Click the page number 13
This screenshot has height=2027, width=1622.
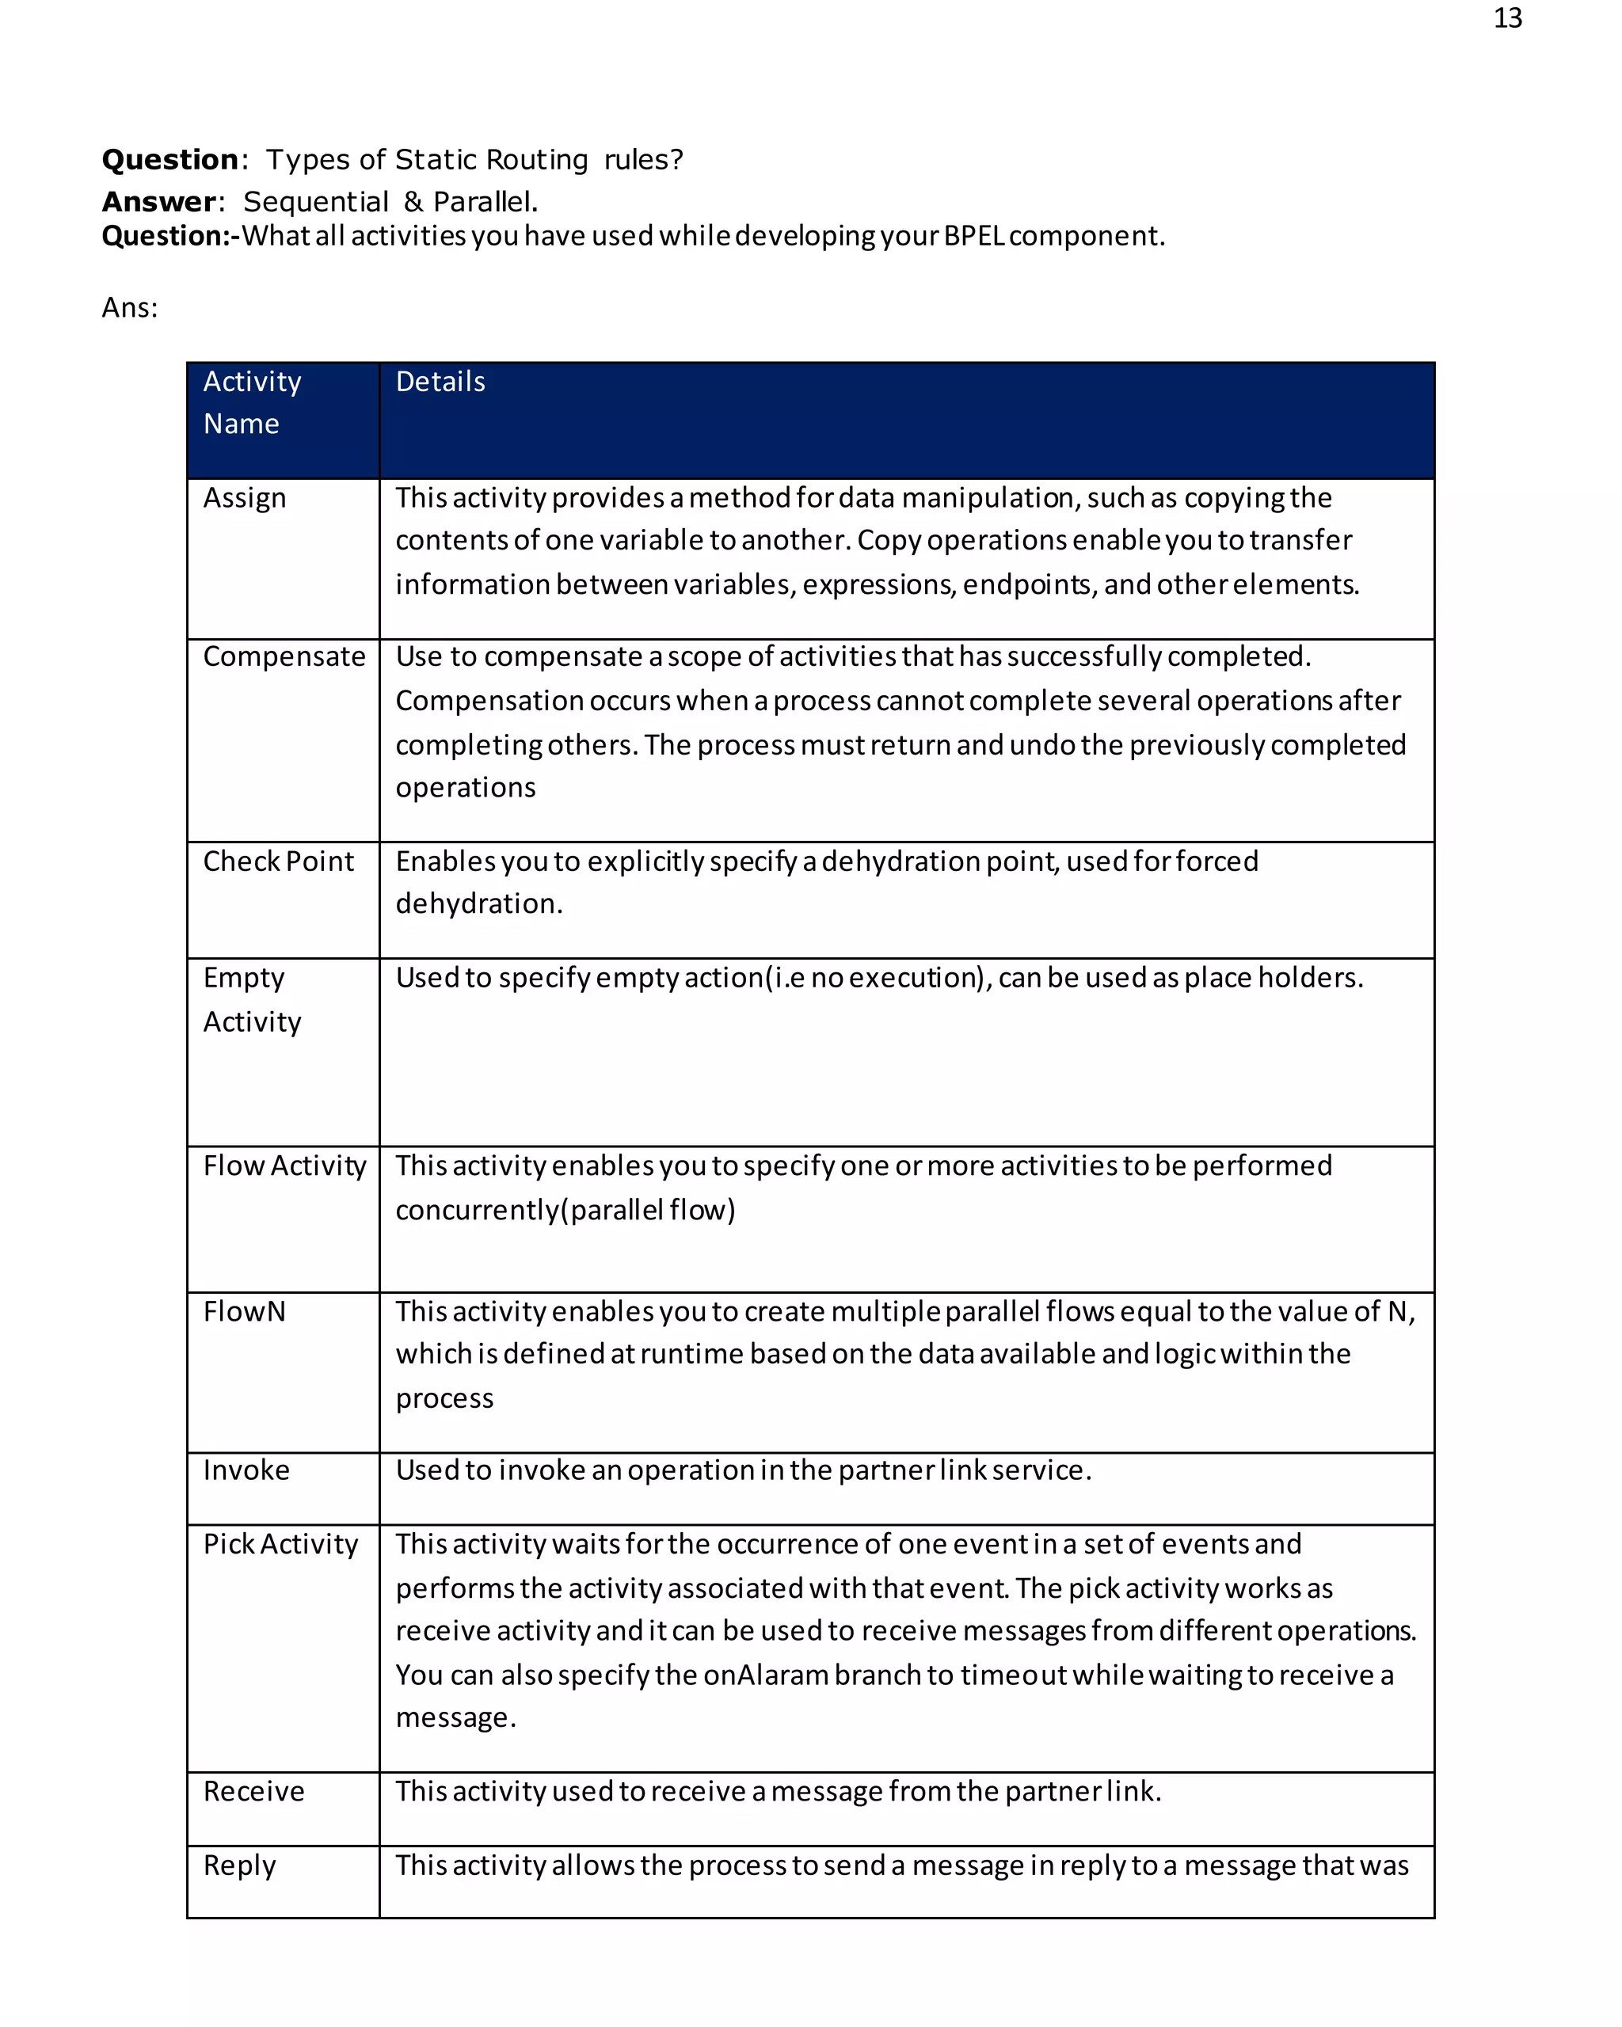(1507, 19)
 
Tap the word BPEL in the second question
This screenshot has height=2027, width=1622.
(973, 236)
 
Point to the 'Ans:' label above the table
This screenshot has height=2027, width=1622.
(130, 308)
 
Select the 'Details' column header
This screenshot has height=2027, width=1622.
(440, 382)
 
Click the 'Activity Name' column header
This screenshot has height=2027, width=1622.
(252, 402)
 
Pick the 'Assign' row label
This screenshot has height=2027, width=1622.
(245, 498)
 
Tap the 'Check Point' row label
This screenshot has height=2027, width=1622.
(278, 861)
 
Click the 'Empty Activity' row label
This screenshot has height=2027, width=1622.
(252, 999)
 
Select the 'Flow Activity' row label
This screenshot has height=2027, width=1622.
(284, 1166)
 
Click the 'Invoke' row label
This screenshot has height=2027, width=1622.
(246, 1470)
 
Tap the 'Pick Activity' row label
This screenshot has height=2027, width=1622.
(280, 1544)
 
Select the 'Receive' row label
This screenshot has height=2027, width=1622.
(254, 1791)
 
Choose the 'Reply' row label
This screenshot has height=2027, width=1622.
(240, 1865)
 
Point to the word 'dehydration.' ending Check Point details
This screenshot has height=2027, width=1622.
(478, 904)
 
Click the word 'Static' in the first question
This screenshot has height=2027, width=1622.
(436, 160)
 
